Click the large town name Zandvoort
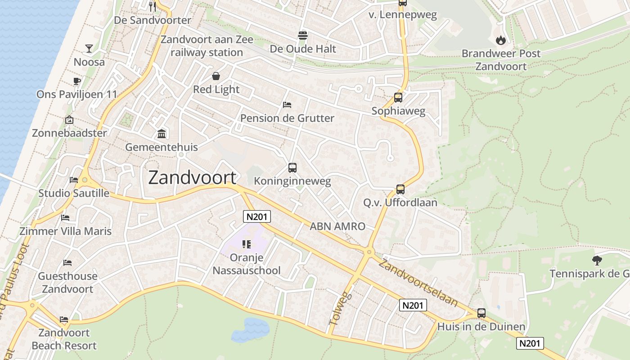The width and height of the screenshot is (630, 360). pos(192,178)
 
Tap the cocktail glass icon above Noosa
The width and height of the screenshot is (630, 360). pos(89,49)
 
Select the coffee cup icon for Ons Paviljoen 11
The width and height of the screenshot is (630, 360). pos(76,81)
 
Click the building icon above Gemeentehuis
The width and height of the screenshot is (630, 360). pos(161,134)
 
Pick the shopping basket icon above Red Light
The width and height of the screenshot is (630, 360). pos(216,76)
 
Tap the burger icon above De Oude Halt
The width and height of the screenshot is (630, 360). pos(302,36)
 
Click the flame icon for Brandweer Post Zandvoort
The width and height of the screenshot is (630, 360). pos(501,40)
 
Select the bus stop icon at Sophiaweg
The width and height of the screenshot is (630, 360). pos(398,98)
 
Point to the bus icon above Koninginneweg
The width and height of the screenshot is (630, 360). pos(292,168)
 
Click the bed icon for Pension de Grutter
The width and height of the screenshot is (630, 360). pos(287,105)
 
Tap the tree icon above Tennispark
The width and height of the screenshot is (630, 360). pos(597,260)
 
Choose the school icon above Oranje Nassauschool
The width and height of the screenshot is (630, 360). pos(246,244)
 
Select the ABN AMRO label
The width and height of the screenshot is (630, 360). pos(337,226)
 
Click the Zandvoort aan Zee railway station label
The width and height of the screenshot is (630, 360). pos(207,46)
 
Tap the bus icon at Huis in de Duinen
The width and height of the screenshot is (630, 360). pos(481,313)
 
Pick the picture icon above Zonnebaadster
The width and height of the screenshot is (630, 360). pos(69,120)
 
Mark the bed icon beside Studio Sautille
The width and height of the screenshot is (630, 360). pos(74,180)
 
